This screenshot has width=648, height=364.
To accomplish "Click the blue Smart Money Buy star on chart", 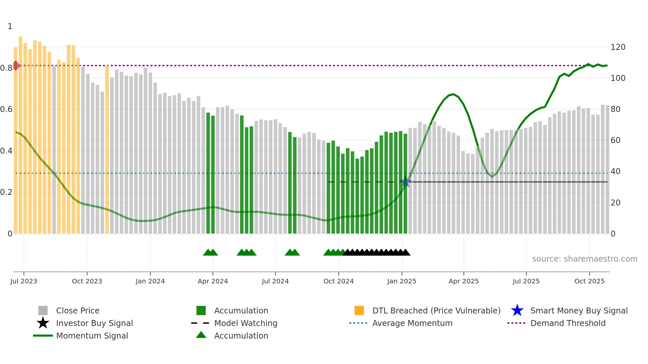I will [x=406, y=182].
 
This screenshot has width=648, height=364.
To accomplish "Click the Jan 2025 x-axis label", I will [x=402, y=281].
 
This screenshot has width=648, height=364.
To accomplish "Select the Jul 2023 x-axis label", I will [x=24, y=281].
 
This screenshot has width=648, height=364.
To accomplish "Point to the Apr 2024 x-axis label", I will [x=213, y=281].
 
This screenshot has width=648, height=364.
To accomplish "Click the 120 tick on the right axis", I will [x=618, y=47].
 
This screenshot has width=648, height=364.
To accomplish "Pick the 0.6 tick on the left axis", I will [x=6, y=109].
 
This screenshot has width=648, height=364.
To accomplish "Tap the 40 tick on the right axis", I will [x=615, y=171].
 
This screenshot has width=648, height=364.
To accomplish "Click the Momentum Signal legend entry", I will [x=92, y=336].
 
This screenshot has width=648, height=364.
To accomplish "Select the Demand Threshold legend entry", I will [x=568, y=323].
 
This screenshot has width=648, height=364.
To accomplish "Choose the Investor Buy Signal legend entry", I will [x=94, y=323].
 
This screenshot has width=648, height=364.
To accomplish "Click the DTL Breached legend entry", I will [x=436, y=310].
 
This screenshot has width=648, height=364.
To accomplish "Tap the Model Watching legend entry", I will [x=246, y=323].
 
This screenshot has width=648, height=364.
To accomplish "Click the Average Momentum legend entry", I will [x=412, y=323].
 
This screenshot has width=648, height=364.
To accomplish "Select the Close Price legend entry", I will [x=78, y=310].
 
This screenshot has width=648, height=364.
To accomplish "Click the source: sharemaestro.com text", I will [x=585, y=259].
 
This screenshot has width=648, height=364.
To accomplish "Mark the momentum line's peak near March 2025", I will [x=453, y=94].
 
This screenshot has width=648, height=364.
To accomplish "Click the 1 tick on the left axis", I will [x=10, y=26].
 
